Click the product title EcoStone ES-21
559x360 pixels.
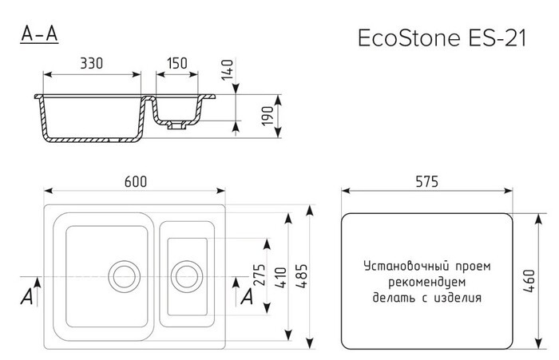click(440, 40)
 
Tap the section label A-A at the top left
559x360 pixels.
click(38, 34)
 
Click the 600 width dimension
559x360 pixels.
click(135, 182)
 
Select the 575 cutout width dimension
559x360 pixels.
click(427, 182)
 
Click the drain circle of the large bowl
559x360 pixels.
click(123, 275)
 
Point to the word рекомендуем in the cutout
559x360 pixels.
click(427, 282)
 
